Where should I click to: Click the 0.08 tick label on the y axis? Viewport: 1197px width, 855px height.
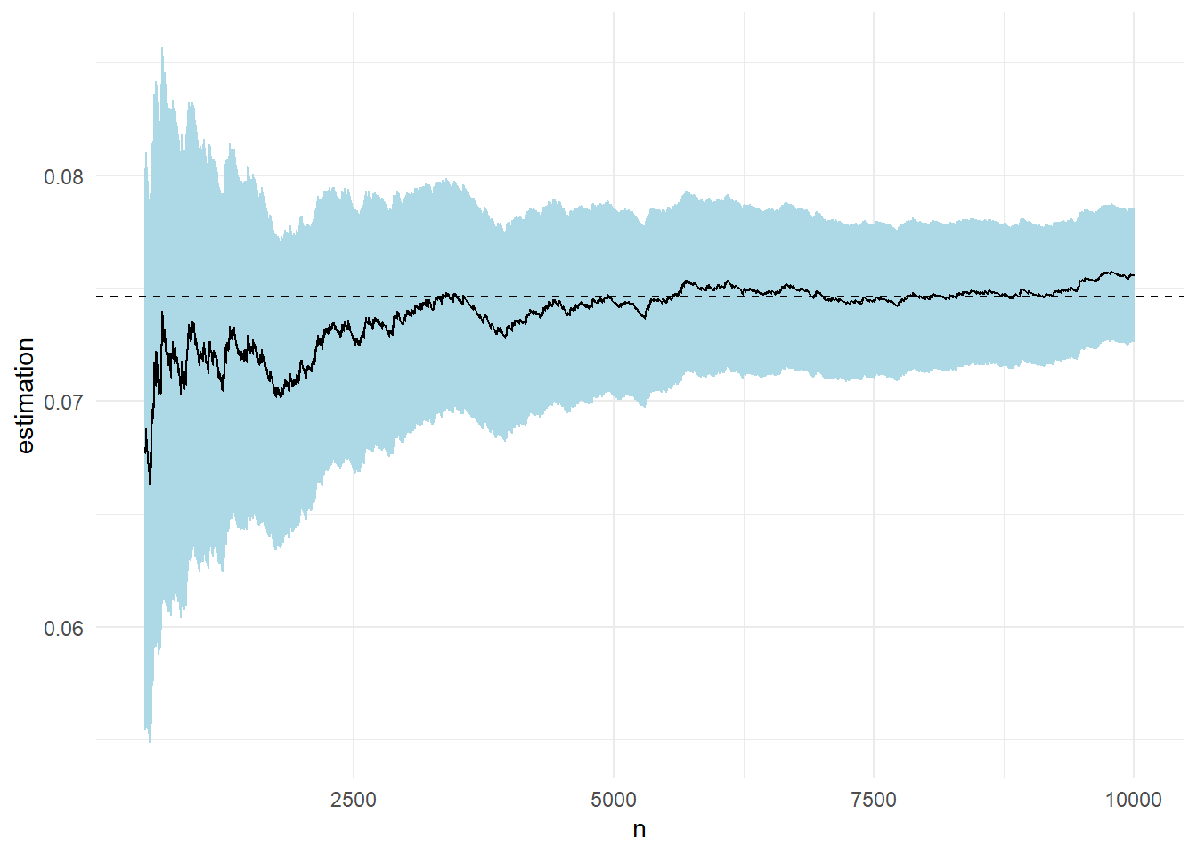pyautogui.click(x=63, y=176)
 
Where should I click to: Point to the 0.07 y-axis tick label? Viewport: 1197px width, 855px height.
pyautogui.click(x=63, y=402)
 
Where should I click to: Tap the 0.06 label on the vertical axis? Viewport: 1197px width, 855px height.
pyautogui.click(x=63, y=628)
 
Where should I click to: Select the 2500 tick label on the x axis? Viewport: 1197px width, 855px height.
pyautogui.click(x=354, y=800)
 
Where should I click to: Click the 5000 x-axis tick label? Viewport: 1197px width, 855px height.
pyautogui.click(x=614, y=800)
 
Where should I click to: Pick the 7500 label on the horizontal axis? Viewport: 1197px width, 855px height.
pyautogui.click(x=874, y=800)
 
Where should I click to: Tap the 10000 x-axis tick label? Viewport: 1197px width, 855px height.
pyautogui.click(x=1134, y=800)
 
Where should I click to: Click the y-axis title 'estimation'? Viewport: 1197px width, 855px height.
pyautogui.click(x=25, y=395)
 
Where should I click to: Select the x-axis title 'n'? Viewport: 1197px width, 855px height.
pyautogui.click(x=639, y=830)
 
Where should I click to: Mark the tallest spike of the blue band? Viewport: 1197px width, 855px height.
pyautogui.click(x=162, y=48)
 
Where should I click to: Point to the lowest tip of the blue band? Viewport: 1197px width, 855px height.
pyautogui.click(x=150, y=741)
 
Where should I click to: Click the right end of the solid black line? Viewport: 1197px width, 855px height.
pyautogui.click(x=1134, y=275)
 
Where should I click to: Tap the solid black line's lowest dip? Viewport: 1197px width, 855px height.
pyautogui.click(x=150, y=484)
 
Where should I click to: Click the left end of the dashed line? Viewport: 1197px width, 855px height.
pyautogui.click(x=97, y=297)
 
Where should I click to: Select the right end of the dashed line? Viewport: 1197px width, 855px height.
pyautogui.click(x=1184, y=297)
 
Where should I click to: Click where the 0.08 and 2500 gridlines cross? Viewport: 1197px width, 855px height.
pyautogui.click(x=354, y=175)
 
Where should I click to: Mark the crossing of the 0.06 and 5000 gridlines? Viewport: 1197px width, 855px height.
pyautogui.click(x=614, y=627)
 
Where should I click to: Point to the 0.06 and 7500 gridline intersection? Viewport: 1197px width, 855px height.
pyautogui.click(x=874, y=627)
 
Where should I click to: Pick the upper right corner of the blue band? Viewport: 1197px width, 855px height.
pyautogui.click(x=1134, y=208)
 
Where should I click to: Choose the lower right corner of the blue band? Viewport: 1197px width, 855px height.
pyautogui.click(x=1134, y=343)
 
